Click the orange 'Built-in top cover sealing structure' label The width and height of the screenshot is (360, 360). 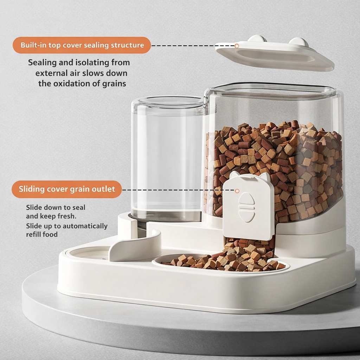point(82,45)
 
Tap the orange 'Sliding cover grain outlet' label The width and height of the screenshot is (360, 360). point(66,189)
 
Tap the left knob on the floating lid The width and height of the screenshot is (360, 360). point(257,39)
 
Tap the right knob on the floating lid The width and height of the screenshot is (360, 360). point(298,42)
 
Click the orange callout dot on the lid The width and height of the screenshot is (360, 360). point(237,46)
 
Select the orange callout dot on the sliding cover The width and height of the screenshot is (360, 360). point(237,191)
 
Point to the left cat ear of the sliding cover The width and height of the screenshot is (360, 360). point(234,175)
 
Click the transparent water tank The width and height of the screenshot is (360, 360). point(167,158)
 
